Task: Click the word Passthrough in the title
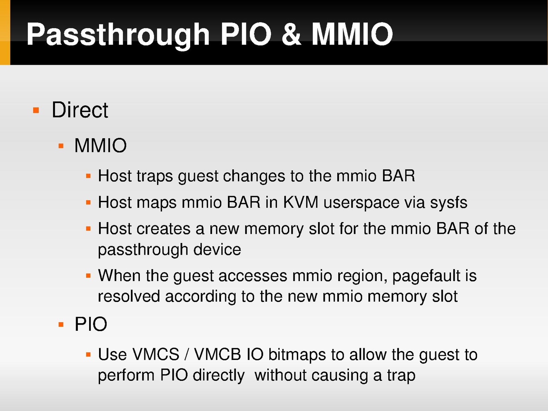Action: click(x=118, y=35)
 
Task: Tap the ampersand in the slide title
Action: click(x=291, y=34)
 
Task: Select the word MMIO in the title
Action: click(x=352, y=34)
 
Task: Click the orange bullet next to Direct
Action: click(x=36, y=110)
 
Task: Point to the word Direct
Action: click(x=80, y=110)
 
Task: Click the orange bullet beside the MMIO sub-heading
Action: click(x=61, y=146)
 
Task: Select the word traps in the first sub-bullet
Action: click(x=155, y=176)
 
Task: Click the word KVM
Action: click(x=301, y=202)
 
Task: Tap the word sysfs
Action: click(x=448, y=203)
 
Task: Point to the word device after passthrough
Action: click(x=217, y=250)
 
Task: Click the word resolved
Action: click(x=129, y=297)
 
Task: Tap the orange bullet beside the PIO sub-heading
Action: click(x=61, y=325)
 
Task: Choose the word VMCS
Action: click(x=156, y=354)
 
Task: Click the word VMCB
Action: click(x=217, y=354)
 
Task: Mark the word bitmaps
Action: click(x=297, y=355)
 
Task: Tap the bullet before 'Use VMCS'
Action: click(x=88, y=354)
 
